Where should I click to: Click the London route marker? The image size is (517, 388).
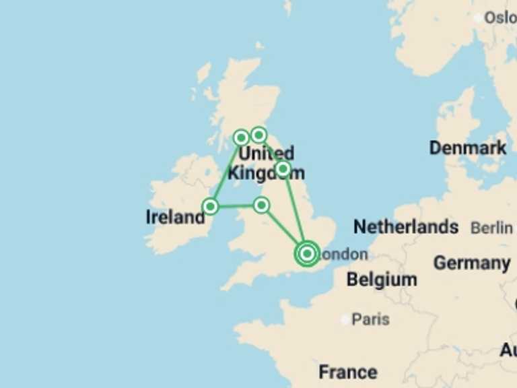pyautogui.click(x=307, y=254)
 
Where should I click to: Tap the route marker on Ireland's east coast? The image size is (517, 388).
pyautogui.click(x=211, y=206)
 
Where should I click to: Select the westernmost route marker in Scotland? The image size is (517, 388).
pyautogui.click(x=241, y=138)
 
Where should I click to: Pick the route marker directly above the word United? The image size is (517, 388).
pyautogui.click(x=258, y=135)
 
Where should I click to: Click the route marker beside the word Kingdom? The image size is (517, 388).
pyautogui.click(x=283, y=168)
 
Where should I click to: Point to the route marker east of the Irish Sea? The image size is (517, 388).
pyautogui.click(x=261, y=205)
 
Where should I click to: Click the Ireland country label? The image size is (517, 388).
pyautogui.click(x=175, y=217)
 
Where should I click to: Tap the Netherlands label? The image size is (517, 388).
pyautogui.click(x=406, y=227)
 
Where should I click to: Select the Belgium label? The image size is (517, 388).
pyautogui.click(x=382, y=279)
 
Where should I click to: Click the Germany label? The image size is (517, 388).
pyautogui.click(x=471, y=263)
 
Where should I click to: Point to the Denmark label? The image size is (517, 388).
pyautogui.click(x=468, y=148)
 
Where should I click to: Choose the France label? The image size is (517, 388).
pyautogui.click(x=348, y=372)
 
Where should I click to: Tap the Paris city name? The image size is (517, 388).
pyautogui.click(x=371, y=319)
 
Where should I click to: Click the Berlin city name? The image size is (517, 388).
pyautogui.click(x=491, y=228)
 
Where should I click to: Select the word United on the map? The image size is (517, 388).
pyautogui.click(x=267, y=154)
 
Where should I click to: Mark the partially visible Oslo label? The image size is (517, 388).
pyautogui.click(x=501, y=18)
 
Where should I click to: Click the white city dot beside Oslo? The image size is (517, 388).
pyautogui.click(x=479, y=18)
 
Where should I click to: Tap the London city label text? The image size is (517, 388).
pyautogui.click(x=345, y=255)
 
